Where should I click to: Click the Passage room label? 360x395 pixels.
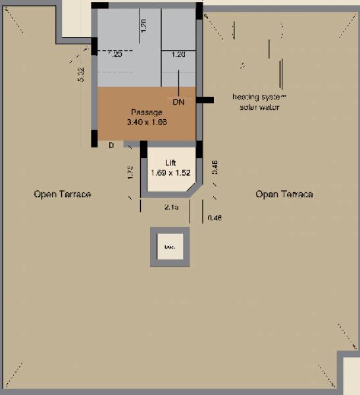click(x=146, y=113)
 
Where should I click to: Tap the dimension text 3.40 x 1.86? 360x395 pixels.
click(x=146, y=122)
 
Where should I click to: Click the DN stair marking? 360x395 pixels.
click(x=178, y=103)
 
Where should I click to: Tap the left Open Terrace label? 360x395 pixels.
click(x=62, y=194)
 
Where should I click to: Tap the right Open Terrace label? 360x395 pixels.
click(x=284, y=194)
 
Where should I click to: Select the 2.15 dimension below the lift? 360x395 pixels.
click(x=171, y=207)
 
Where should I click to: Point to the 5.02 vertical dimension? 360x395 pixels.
click(x=81, y=74)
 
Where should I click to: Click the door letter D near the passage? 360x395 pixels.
click(x=111, y=145)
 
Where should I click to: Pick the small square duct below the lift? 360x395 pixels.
click(x=170, y=247)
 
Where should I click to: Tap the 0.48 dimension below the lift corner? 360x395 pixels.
click(x=214, y=218)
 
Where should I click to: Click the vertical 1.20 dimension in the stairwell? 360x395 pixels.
click(x=143, y=26)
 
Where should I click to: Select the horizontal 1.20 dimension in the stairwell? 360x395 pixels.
click(x=178, y=55)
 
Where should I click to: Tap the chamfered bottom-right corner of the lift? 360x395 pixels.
click(x=192, y=191)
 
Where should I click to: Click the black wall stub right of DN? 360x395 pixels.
click(x=205, y=100)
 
